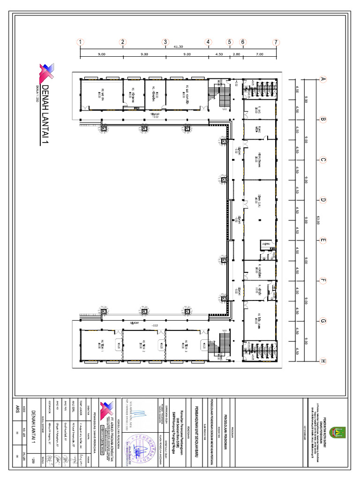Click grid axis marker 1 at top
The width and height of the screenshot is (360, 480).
coord(81,42)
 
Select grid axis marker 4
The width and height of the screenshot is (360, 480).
coord(208,42)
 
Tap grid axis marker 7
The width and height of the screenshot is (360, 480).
coord(277,42)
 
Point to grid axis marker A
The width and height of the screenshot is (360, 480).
coord(322,79)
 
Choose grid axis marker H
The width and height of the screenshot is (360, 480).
coord(322,361)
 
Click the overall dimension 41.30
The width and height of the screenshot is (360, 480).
coord(178,47)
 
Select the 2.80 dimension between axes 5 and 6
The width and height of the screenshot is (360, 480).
coord(236,54)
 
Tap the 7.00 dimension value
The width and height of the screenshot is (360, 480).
coord(259,54)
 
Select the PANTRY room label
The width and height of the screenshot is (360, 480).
coord(265,244)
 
